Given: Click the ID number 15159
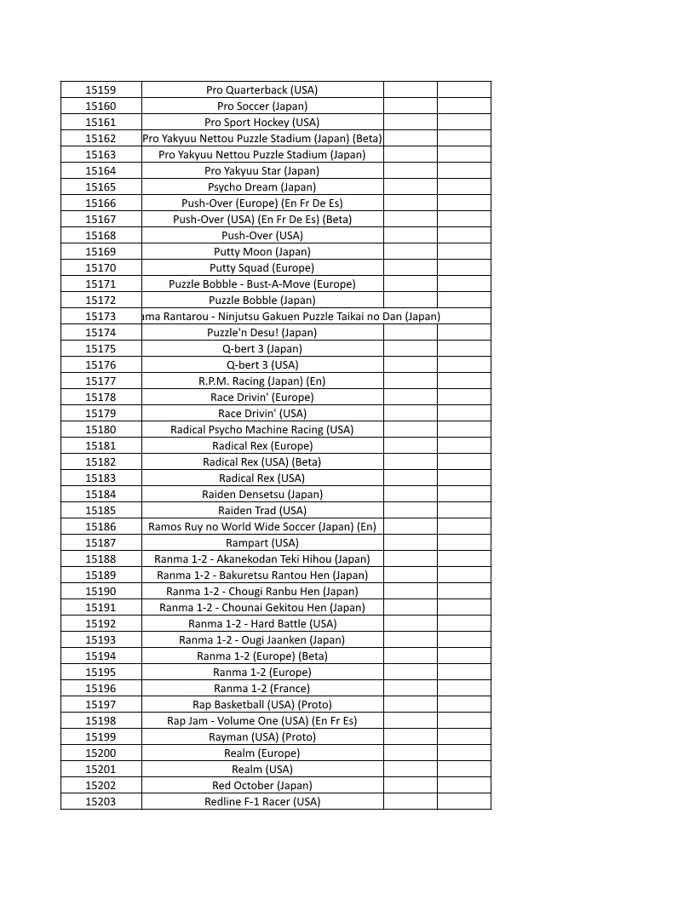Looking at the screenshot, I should (101, 89).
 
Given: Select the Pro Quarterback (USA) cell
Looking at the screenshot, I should (261, 89).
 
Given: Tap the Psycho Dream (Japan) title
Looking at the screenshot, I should (261, 186).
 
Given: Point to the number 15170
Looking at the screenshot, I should (101, 267).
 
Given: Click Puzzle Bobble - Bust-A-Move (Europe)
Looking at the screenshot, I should (261, 283).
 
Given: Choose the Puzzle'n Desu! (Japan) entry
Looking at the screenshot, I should (261, 332).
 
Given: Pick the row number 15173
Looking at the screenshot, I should (101, 316).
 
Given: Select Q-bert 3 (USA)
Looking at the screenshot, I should (261, 364).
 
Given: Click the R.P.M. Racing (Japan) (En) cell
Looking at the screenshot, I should (261, 381).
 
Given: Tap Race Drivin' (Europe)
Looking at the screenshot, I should (261, 397).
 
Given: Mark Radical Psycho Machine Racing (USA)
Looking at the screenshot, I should (261, 429).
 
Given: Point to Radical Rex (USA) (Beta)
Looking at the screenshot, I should (261, 461).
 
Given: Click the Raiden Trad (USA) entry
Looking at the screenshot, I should (261, 510).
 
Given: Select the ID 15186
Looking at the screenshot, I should (101, 526).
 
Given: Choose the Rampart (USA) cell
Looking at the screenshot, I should (261, 542).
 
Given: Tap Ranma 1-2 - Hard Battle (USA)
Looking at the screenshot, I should (261, 623).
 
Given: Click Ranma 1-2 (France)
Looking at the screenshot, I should (261, 688).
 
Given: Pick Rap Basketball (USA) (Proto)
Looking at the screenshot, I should (261, 704).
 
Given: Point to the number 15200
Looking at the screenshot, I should (101, 753).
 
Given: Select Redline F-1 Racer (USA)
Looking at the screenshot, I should (261, 801).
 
